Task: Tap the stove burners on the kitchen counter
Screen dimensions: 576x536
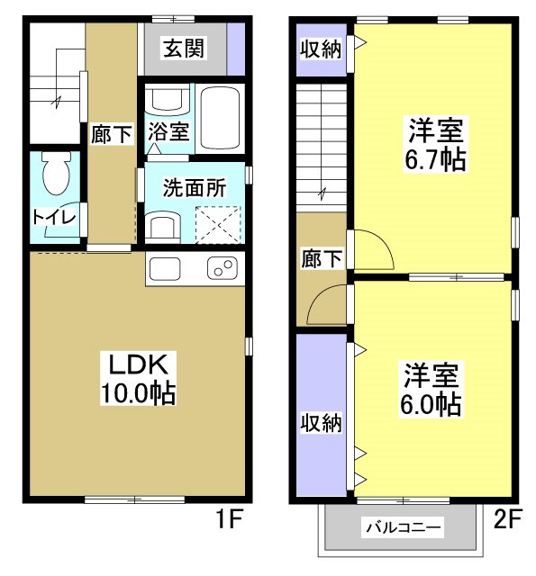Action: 223,267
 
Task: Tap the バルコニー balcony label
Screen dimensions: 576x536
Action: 403,527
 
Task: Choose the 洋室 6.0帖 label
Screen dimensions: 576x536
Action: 432,389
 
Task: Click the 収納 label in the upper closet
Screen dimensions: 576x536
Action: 321,49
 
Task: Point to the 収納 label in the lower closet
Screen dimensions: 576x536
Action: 321,422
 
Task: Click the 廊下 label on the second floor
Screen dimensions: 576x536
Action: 321,259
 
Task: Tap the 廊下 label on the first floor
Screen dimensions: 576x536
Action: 112,134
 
